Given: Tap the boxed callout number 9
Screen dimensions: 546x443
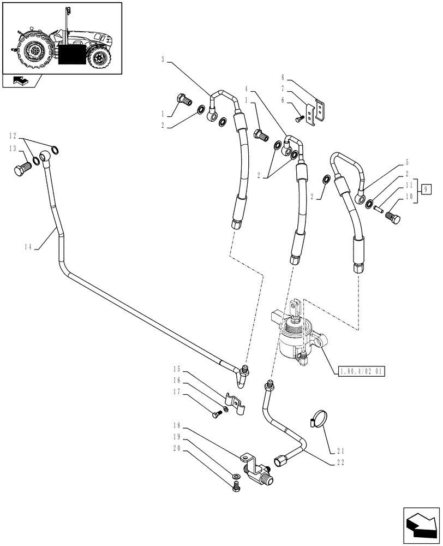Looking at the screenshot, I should click(428, 189).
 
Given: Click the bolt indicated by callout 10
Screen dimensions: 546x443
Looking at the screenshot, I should click(393, 221).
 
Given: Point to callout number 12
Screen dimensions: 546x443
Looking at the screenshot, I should click(15, 135).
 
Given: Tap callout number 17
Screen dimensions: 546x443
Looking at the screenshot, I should click(177, 391).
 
